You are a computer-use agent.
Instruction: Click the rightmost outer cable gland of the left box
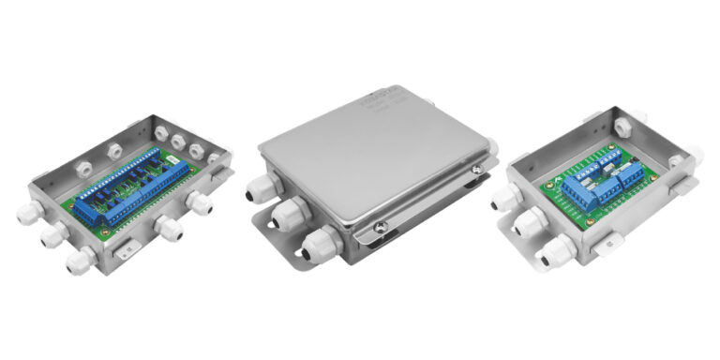199,202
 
